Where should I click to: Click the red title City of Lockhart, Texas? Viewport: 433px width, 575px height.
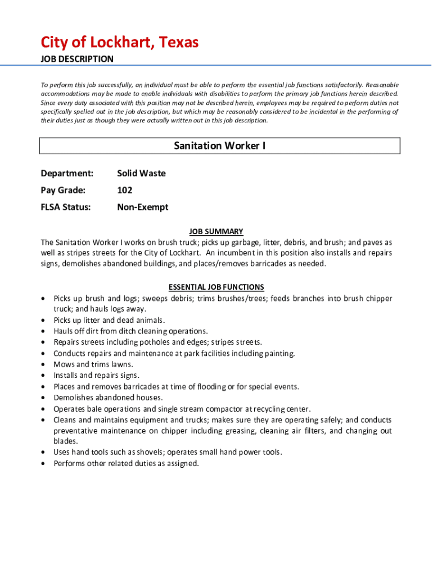pos(119,42)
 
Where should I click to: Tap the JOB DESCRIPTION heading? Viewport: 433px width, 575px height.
pos(77,59)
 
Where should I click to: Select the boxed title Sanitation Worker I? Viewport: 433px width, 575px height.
pos(219,146)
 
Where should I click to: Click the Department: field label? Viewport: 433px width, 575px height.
pos(66,174)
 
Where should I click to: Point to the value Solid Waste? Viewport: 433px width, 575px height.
pos(141,174)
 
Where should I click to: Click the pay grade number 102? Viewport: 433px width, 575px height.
pos(125,190)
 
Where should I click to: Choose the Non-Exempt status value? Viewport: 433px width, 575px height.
pos(142,207)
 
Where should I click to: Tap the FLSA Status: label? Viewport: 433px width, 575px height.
pos(65,207)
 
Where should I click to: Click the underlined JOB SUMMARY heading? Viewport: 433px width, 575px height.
pos(216,231)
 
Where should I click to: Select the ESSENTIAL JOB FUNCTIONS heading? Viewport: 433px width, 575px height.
pos(216,287)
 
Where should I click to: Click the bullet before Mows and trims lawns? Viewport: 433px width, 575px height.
pos(43,364)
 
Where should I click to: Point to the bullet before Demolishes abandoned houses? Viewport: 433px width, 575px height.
pos(43,398)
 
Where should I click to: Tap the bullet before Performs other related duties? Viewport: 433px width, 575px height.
pos(43,464)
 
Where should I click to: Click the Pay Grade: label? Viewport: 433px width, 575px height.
pos(63,190)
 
